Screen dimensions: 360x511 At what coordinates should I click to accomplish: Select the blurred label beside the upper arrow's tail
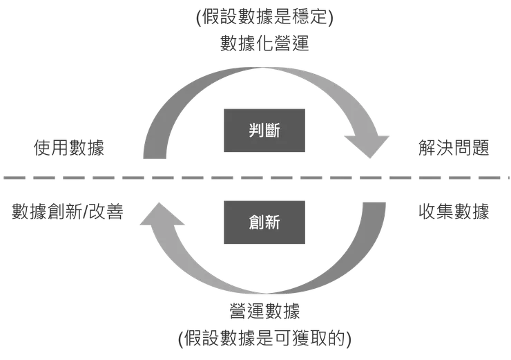[73, 148]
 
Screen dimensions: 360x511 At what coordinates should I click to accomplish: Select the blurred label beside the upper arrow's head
[453, 148]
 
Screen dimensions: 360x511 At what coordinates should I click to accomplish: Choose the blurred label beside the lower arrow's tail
[453, 211]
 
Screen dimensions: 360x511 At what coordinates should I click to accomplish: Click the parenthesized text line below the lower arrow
[266, 339]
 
